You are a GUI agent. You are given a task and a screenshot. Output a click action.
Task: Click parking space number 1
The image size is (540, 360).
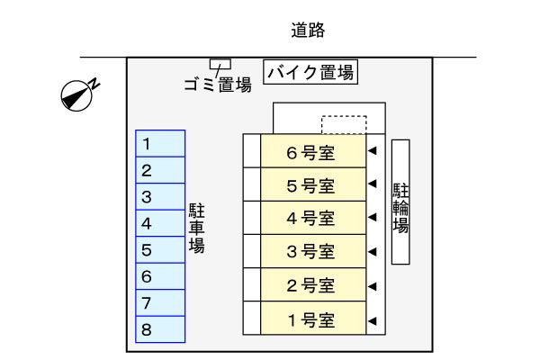click(x=160, y=144)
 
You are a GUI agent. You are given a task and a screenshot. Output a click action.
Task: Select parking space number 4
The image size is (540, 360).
click(x=160, y=224)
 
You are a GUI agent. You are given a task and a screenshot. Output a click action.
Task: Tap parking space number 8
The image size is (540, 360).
click(x=160, y=330)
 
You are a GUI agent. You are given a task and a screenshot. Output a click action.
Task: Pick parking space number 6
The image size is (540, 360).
click(x=160, y=277)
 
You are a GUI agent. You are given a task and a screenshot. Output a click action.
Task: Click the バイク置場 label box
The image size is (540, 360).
click(x=311, y=72)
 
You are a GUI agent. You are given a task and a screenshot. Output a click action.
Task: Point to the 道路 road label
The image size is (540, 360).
click(x=308, y=31)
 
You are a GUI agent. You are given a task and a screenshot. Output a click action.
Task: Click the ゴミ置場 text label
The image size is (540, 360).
click(x=216, y=86)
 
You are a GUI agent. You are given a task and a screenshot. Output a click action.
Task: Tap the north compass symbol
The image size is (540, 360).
click(x=79, y=94)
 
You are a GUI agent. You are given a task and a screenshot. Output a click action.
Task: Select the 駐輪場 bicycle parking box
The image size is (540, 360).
click(x=401, y=202)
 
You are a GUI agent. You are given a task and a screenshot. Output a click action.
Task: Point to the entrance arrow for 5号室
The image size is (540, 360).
click(x=372, y=185)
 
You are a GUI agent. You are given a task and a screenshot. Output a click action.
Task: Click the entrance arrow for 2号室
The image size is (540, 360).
click(x=372, y=286)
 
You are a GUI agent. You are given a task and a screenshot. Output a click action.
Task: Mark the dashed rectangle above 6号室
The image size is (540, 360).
click(x=344, y=124)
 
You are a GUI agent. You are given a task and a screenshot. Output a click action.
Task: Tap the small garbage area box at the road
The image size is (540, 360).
click(x=220, y=64)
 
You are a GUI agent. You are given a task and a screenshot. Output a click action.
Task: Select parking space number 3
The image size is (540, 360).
click(x=160, y=197)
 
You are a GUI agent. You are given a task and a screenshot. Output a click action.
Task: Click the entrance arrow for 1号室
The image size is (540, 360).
click(x=372, y=319)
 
